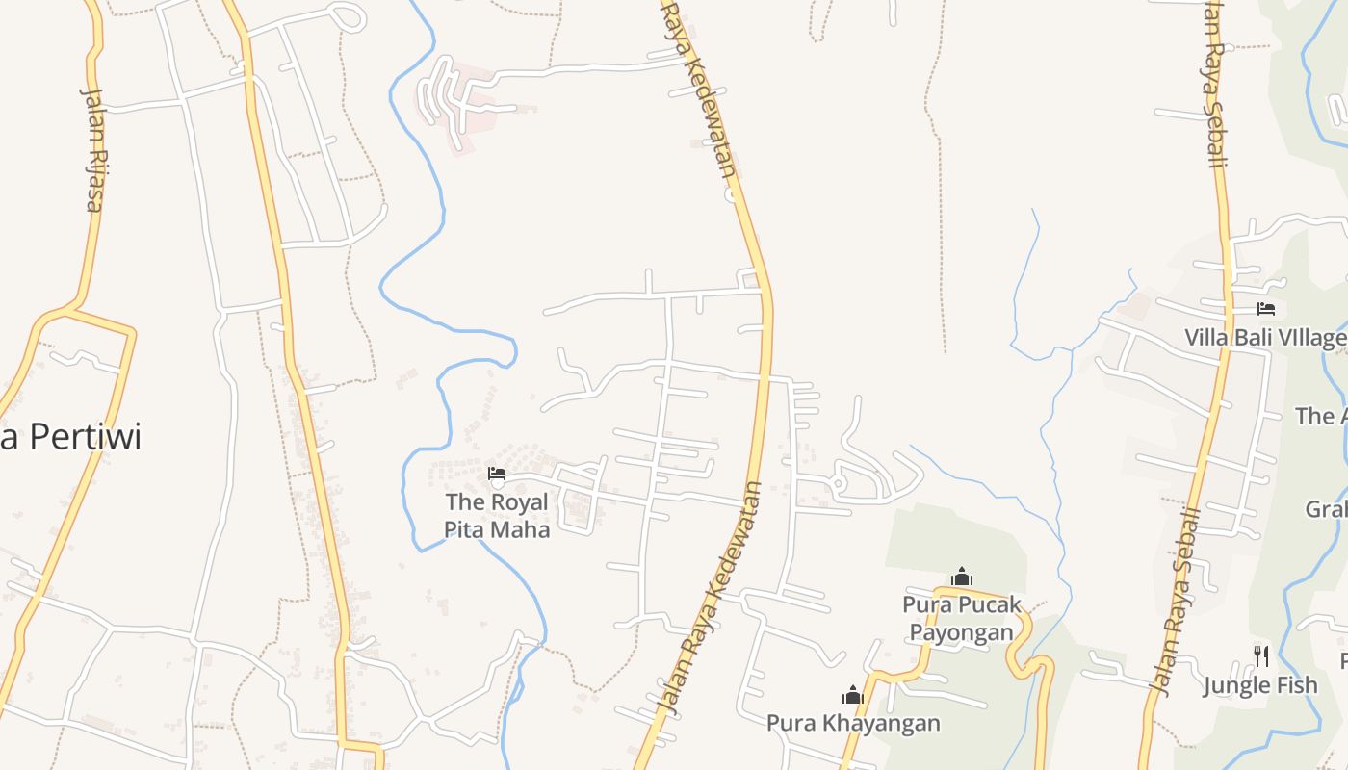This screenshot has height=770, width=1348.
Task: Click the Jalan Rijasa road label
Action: (x=92, y=149)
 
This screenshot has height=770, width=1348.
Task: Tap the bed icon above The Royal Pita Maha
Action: (x=497, y=473)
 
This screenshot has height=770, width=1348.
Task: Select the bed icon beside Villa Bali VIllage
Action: (x=1266, y=309)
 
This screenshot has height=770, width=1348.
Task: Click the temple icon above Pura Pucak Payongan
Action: (x=961, y=577)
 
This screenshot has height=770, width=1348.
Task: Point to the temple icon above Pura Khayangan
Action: (x=852, y=694)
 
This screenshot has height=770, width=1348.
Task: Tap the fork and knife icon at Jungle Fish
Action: (x=1260, y=656)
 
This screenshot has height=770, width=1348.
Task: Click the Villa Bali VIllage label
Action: (x=1265, y=338)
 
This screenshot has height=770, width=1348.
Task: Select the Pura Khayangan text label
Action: (x=853, y=722)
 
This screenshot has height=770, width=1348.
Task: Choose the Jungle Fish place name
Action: (x=1260, y=685)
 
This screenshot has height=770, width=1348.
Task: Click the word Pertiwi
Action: (x=85, y=437)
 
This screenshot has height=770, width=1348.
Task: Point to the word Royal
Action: (x=519, y=501)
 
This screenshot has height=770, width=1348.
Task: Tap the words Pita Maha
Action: (x=497, y=529)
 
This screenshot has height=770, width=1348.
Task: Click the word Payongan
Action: (x=962, y=632)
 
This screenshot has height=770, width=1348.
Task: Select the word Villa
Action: (x=1206, y=338)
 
